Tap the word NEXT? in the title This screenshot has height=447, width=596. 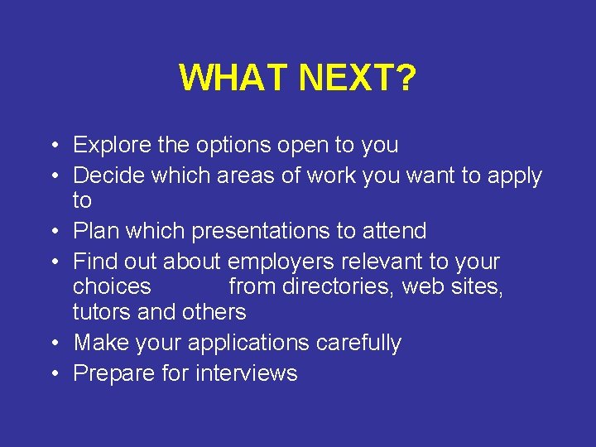(x=357, y=79)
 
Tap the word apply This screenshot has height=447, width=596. (x=512, y=176)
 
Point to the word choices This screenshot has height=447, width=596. (x=112, y=287)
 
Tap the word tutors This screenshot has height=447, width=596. (x=101, y=312)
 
